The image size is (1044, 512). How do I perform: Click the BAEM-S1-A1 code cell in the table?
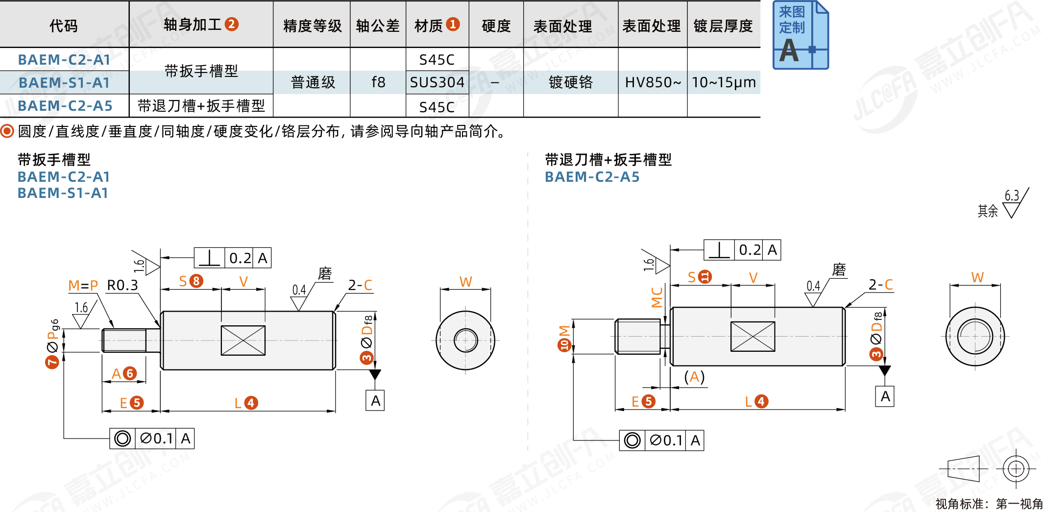pyautogui.click(x=64, y=82)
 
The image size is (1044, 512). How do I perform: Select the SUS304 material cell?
pyautogui.click(x=437, y=82)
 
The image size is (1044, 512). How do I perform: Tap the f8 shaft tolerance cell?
pyautogui.click(x=378, y=82)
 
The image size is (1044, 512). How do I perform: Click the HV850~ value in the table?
pyautogui.click(x=653, y=82)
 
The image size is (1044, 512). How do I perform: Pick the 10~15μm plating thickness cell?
pyautogui.click(x=724, y=82)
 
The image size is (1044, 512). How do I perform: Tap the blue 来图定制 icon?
pyautogui.click(x=800, y=35)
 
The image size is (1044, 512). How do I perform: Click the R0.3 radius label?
pyautogui.click(x=122, y=285)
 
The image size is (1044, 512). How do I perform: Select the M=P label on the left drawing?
pyautogui.click(x=83, y=285)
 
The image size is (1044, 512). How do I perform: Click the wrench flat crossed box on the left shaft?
pyautogui.click(x=243, y=341)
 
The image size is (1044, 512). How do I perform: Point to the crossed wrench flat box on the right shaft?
pyautogui.click(x=753, y=337)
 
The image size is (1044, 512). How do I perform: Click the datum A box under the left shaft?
pyautogui.click(x=375, y=401)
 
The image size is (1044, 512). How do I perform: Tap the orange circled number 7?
pyautogui.click(x=52, y=362)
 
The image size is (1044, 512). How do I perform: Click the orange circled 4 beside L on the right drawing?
pyautogui.click(x=761, y=402)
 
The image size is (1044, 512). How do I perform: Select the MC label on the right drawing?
pyautogui.click(x=657, y=297)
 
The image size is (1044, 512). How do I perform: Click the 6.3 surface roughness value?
pyautogui.click(x=1012, y=195)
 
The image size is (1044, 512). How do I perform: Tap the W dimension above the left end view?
pyautogui.click(x=465, y=282)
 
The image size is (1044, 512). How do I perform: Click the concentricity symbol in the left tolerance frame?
pyautogui.click(x=122, y=439)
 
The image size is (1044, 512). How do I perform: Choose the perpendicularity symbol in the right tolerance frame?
pyautogui.click(x=719, y=250)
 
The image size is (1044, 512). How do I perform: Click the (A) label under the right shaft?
pyautogui.click(x=694, y=377)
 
